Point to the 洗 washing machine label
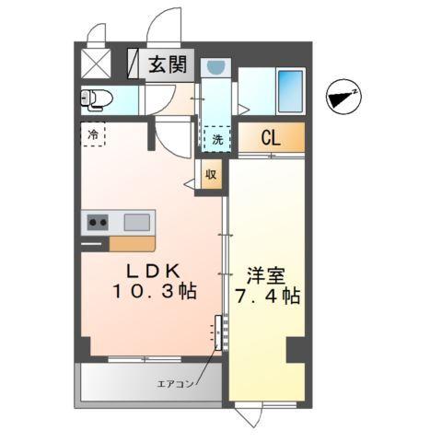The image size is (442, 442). point(217,140)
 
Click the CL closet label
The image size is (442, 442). point(270,139)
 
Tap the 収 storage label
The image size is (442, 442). point(210,173)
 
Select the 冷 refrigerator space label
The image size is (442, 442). point(93,135)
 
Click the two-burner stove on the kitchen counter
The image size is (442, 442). point(98,222)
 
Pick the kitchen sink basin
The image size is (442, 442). point(136,222)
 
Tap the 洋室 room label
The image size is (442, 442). point(265,273)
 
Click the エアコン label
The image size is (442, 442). point(176,384)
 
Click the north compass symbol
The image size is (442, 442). point(343,95)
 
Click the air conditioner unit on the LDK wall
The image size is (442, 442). point(219,333)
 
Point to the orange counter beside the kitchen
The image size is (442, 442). point(133,244)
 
